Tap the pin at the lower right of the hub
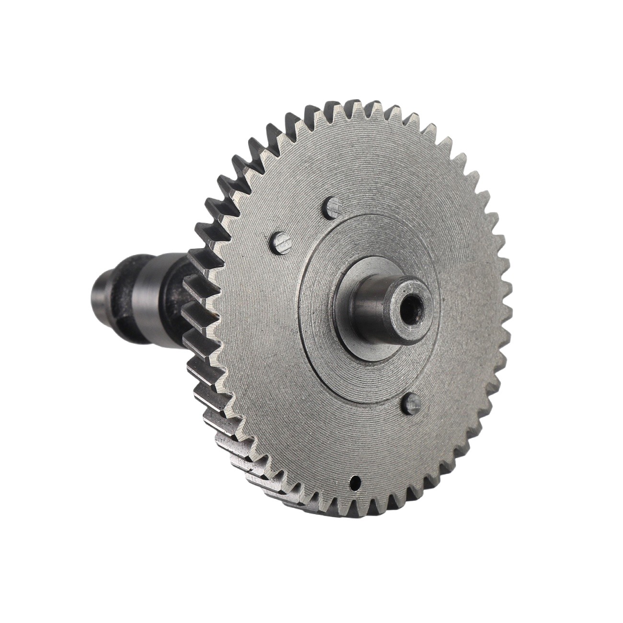point(410,404)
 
